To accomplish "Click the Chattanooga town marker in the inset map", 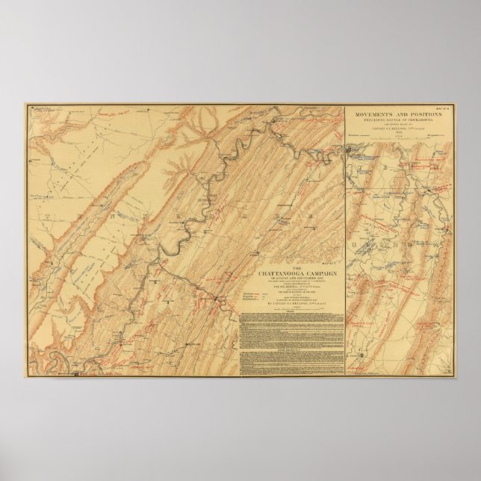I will (x=352, y=153).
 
